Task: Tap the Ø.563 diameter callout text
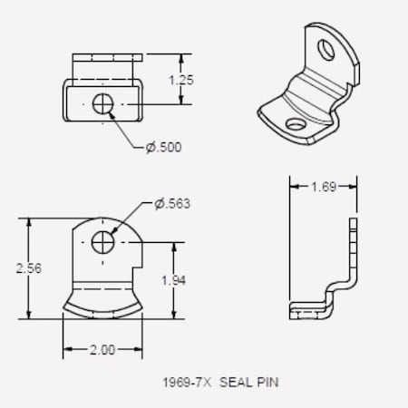[x=172, y=203]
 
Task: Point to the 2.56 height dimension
[x=28, y=268]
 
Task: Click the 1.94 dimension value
[x=174, y=280]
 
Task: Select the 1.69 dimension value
[x=323, y=188]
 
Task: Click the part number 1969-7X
[x=185, y=383]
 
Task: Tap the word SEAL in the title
[x=234, y=383]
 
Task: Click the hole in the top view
[x=103, y=105]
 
